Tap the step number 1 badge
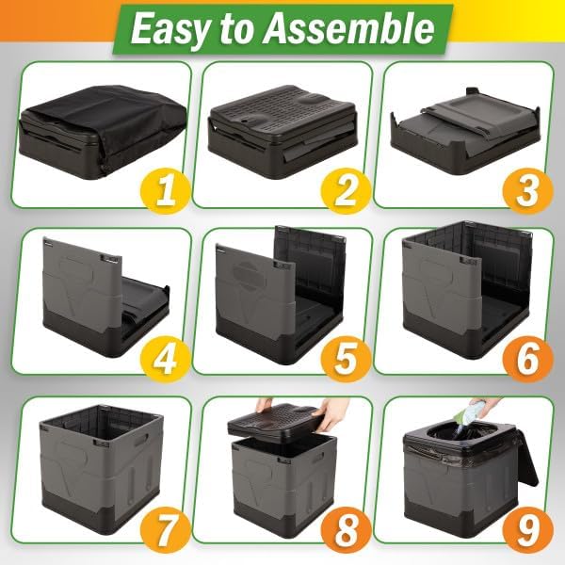[x=167, y=191]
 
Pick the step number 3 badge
[x=527, y=191]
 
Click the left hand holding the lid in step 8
[x=266, y=404]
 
